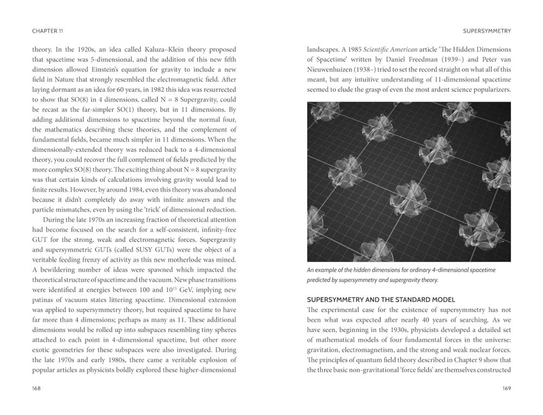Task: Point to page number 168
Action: pos(37,388)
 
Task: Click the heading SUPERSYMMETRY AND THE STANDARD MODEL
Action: pos(381,299)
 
